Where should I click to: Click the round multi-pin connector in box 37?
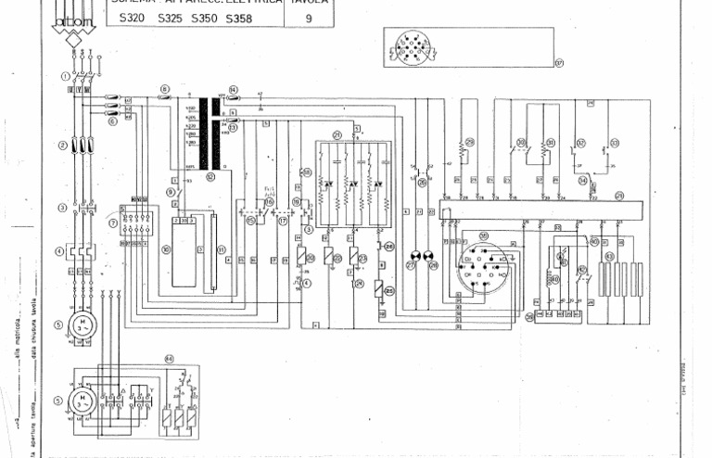pyautogui.click(x=408, y=46)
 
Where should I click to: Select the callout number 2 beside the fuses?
pyautogui.click(x=62, y=145)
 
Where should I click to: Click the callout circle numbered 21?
pyautogui.click(x=337, y=134)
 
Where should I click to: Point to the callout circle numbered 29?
pyautogui.click(x=469, y=142)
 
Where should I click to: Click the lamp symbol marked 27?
pyautogui.click(x=414, y=255)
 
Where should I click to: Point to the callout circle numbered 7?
pyautogui.click(x=112, y=222)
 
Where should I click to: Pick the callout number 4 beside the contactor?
pyautogui.click(x=62, y=250)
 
